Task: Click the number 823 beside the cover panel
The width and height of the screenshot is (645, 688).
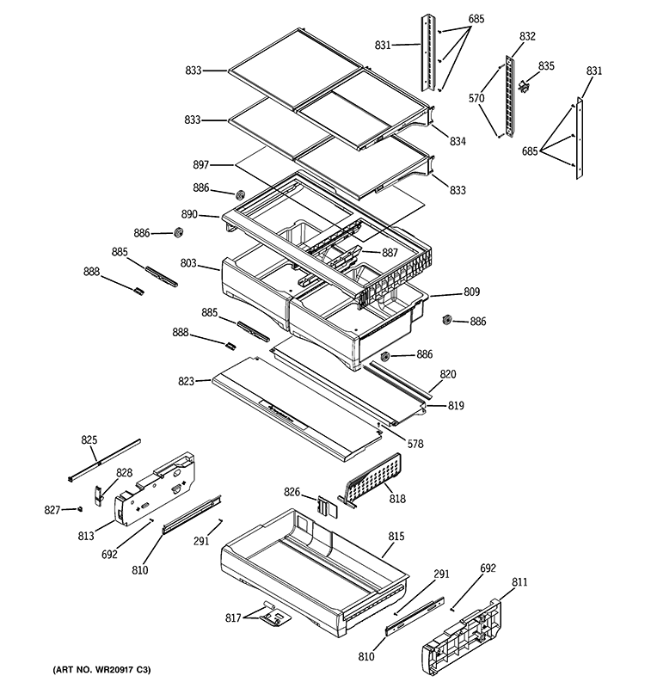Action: (x=200, y=380)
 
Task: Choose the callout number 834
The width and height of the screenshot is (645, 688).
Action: (x=457, y=141)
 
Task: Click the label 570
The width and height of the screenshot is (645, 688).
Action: (x=477, y=99)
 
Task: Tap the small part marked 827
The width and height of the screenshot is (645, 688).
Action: (x=79, y=509)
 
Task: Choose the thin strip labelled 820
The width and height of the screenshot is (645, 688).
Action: (x=396, y=378)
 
